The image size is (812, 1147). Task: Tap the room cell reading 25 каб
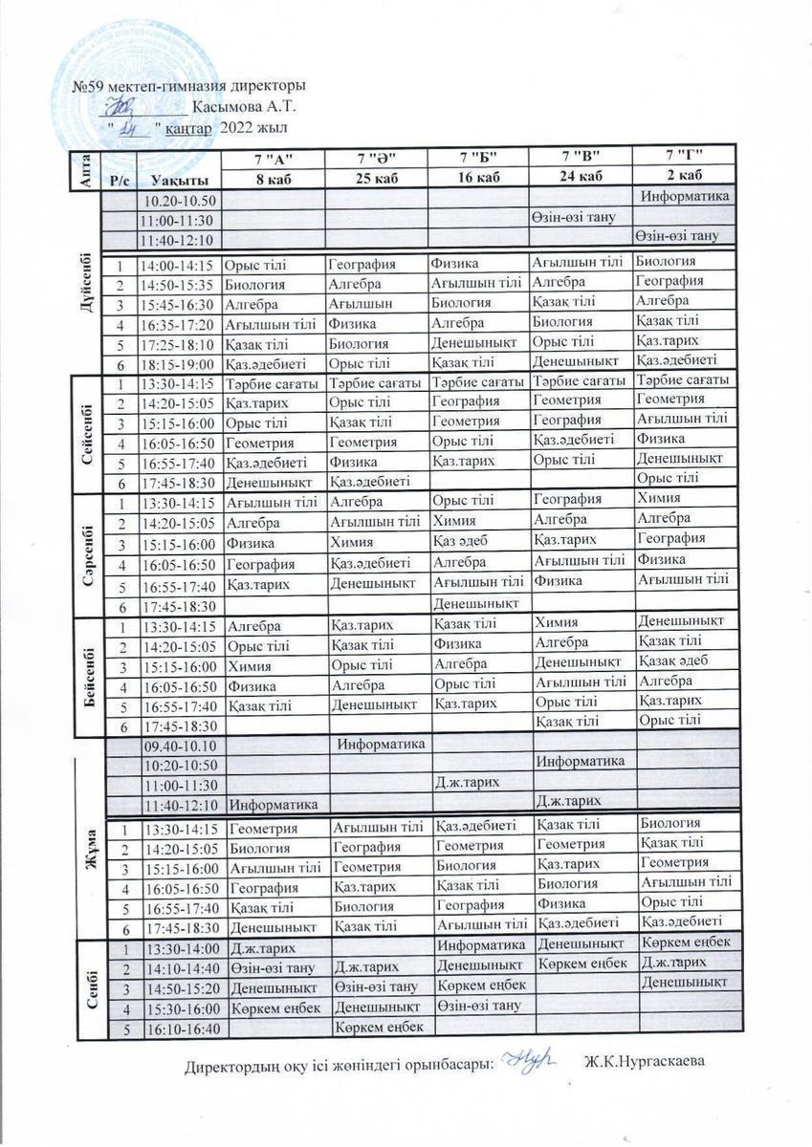tap(376, 177)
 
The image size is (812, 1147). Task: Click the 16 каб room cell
tap(478, 176)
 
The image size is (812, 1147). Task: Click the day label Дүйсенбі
tap(87, 283)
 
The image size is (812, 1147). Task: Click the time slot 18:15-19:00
tap(179, 364)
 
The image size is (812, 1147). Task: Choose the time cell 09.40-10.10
tap(181, 746)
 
